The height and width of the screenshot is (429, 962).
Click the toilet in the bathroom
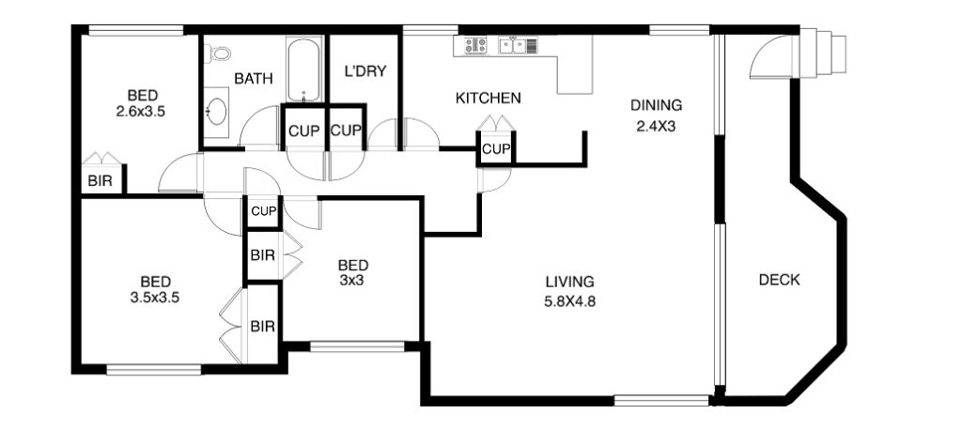tap(217, 54)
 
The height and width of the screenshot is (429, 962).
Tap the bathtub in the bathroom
tap(303, 69)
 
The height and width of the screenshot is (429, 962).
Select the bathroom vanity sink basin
tap(217, 112)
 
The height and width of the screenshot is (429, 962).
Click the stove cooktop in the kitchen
tap(475, 44)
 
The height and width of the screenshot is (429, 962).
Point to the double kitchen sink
tap(512, 44)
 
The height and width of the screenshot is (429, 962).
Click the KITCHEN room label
tap(489, 98)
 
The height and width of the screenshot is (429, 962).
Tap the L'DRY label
tap(365, 71)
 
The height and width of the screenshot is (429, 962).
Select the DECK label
tap(779, 280)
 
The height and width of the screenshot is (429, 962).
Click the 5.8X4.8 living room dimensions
tap(570, 301)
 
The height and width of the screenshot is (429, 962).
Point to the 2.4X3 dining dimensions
tap(656, 127)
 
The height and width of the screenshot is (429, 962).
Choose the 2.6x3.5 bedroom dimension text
tap(142, 112)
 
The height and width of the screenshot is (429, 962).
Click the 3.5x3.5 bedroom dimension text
tap(155, 298)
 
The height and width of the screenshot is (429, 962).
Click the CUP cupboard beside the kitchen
tap(496, 148)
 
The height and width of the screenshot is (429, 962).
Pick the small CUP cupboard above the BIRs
tap(264, 212)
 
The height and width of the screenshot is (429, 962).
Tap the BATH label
tap(254, 79)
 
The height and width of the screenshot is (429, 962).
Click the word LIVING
tap(570, 282)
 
